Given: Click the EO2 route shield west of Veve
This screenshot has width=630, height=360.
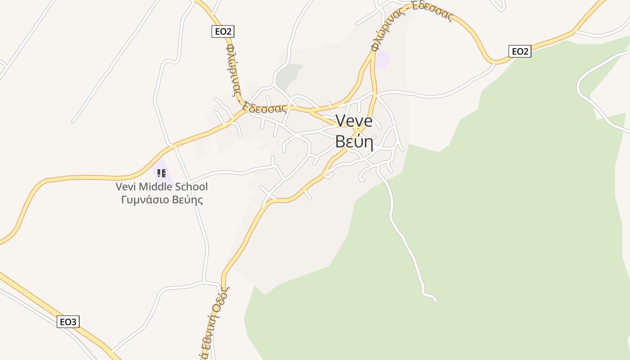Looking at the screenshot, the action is click(x=223, y=31).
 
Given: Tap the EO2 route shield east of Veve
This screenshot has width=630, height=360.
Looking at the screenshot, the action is click(x=520, y=51).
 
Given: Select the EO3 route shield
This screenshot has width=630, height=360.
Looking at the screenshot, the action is click(x=68, y=322).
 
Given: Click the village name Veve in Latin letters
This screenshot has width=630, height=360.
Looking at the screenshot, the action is click(x=354, y=121).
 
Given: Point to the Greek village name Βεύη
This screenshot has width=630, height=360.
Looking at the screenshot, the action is click(x=354, y=141).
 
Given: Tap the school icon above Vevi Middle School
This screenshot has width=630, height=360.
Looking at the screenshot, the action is click(x=162, y=173).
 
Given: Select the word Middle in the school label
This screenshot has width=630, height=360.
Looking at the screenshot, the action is click(x=157, y=187).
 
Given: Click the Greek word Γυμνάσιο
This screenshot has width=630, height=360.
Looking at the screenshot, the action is click(x=146, y=199).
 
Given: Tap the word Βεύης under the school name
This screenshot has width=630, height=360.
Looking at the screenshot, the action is click(x=188, y=199).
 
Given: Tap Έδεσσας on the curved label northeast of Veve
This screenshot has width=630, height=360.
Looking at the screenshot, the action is click(x=432, y=13).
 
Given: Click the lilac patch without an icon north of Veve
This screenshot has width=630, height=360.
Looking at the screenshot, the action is click(x=382, y=60).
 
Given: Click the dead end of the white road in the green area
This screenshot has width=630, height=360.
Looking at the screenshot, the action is click(x=435, y=300).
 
